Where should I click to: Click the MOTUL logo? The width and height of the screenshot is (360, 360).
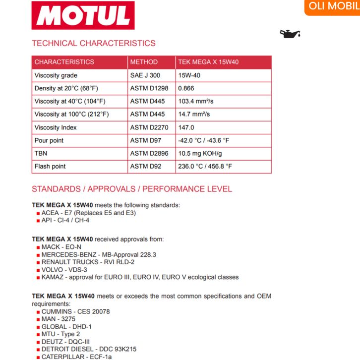[83, 15]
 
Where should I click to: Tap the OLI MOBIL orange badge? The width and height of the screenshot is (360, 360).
[333, 6]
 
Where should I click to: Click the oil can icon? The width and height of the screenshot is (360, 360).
[291, 34]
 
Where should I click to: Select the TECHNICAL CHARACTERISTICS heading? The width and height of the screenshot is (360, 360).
[94, 43]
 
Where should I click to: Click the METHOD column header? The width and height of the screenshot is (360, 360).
[144, 62]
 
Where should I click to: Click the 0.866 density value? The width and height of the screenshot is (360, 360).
[186, 88]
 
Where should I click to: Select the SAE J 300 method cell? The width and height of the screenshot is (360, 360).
[145, 75]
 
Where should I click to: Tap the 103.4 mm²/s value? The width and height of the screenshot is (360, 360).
[195, 101]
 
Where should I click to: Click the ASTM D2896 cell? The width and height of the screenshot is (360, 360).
[149, 153]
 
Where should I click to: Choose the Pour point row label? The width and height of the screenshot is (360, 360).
[49, 140]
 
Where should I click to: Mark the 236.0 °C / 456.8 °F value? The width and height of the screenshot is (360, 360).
[205, 166]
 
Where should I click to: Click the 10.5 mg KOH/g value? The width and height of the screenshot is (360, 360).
[200, 153]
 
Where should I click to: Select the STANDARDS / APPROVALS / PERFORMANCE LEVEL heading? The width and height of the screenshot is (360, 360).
[132, 189]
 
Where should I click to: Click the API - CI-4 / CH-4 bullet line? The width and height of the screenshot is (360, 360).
[65, 220]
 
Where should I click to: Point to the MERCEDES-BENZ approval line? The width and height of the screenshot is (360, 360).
[99, 254]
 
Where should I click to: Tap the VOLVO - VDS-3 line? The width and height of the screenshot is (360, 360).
[64, 270]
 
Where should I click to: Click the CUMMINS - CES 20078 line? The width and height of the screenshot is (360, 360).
[76, 311]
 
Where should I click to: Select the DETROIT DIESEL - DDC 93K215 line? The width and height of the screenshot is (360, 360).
[89, 349]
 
